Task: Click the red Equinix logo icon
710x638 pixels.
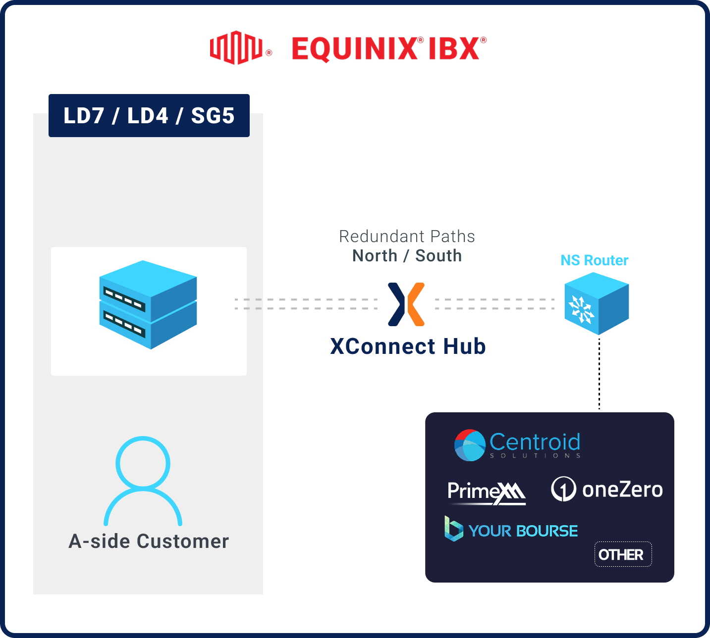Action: [235, 48]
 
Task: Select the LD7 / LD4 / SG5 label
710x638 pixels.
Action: [149, 116]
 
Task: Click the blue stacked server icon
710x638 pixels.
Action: [148, 304]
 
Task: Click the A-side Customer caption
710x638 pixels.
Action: [149, 541]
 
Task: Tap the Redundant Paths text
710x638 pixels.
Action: [407, 237]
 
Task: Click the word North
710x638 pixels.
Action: [375, 256]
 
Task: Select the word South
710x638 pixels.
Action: [438, 256]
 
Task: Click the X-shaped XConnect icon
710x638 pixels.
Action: [406, 304]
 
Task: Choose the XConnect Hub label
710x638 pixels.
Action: [408, 346]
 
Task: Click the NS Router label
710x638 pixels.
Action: [594, 260]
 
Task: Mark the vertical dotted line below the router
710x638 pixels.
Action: [599, 374]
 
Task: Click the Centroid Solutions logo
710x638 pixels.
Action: [517, 445]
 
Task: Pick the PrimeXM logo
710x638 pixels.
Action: [486, 492]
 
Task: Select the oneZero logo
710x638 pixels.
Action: [606, 490]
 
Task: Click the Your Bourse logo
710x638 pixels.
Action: [511, 530]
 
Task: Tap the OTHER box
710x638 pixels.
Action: [622, 554]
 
